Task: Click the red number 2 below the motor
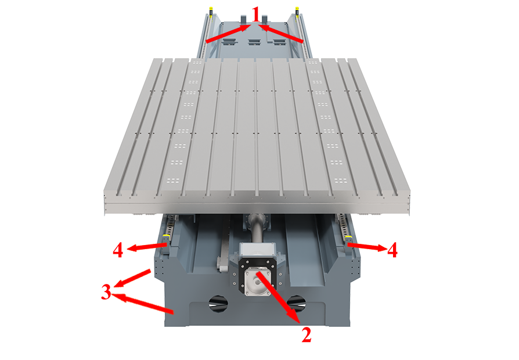306,335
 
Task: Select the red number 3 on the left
106,292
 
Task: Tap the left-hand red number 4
118,251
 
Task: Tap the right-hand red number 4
392,251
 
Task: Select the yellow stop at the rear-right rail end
298,10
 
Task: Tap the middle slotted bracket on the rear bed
254,41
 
